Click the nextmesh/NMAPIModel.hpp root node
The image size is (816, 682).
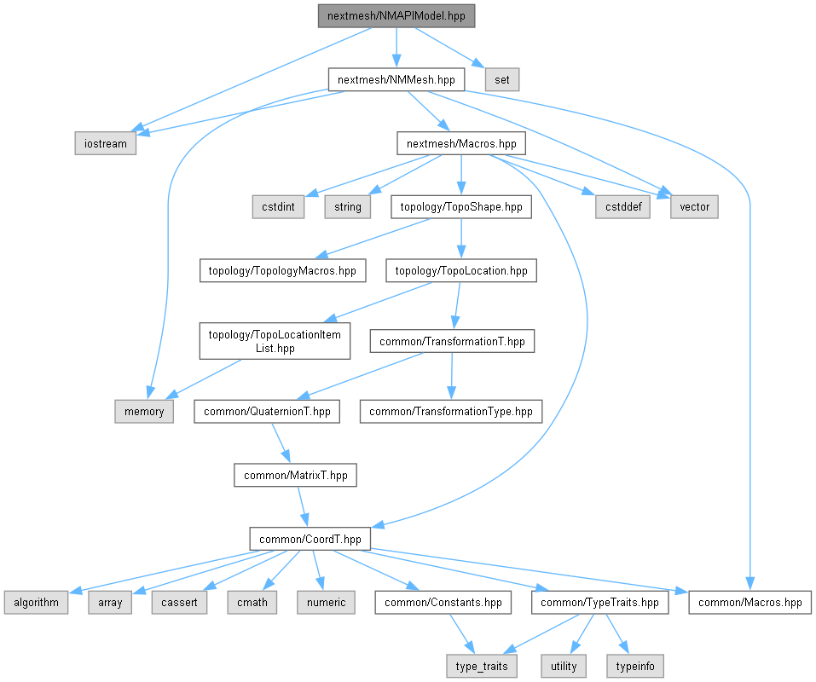coord(395,16)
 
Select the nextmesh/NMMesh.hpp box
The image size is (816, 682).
coord(396,80)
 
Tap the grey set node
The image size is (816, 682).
coord(502,80)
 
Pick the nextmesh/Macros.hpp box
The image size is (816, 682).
coord(460,143)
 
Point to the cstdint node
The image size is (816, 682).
coord(279,206)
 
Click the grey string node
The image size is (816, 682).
coord(347,206)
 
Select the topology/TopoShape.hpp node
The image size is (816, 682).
coord(460,206)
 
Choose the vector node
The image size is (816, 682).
coord(694,206)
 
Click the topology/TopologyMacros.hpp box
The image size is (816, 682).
coord(283,271)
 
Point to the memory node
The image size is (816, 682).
coord(144,412)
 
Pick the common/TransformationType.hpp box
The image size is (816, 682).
coord(450,412)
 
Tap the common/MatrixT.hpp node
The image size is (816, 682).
coord(295,476)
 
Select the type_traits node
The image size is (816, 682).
coord(481,665)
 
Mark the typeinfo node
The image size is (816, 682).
coord(634,665)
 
